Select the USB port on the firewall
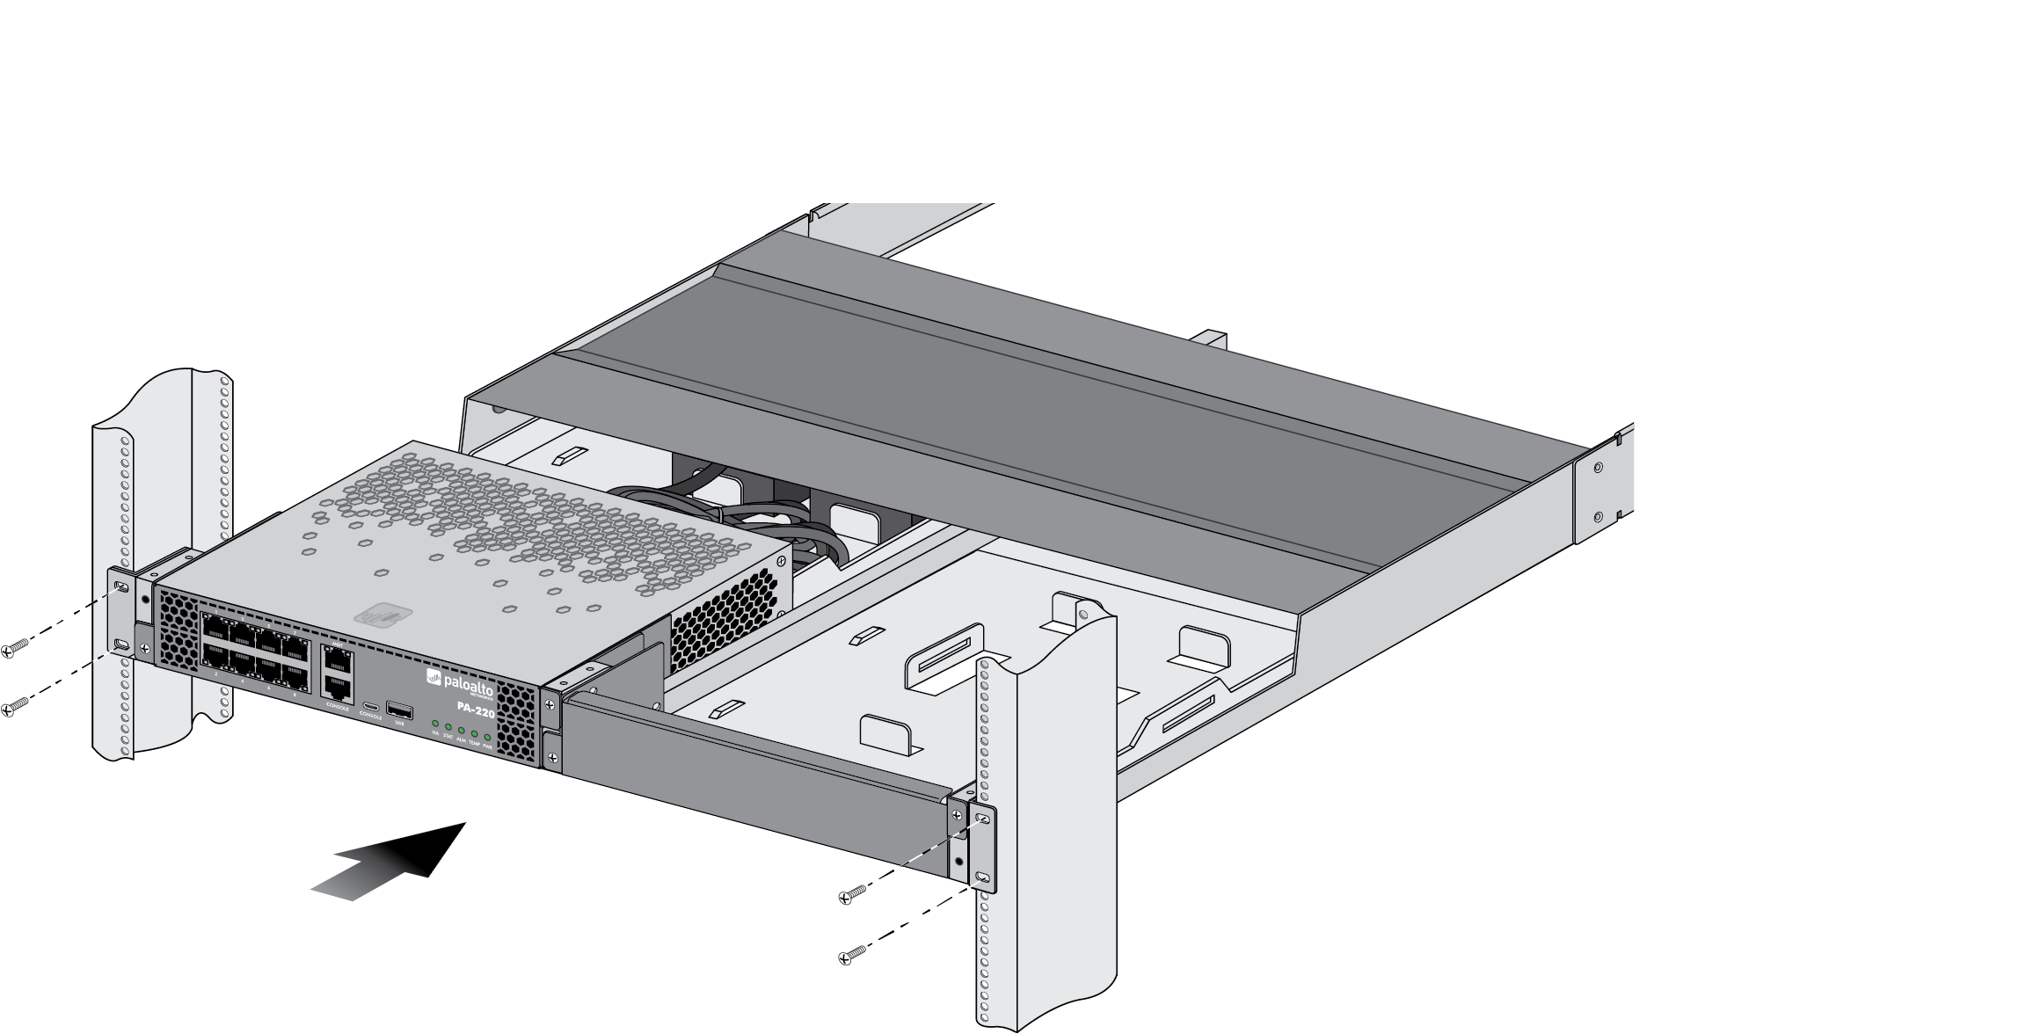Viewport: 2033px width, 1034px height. pos(399,710)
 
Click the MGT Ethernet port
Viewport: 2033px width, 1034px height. pos(338,659)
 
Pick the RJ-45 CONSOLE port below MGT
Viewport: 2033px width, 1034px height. pos(338,688)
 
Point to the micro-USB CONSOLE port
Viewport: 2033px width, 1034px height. pos(371,707)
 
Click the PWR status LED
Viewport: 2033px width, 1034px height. pos(487,737)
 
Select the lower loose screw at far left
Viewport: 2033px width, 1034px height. pos(15,706)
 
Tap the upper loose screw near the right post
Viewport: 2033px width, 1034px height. pos(852,893)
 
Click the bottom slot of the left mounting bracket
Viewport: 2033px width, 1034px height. pos(121,647)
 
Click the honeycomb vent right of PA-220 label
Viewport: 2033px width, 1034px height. pos(516,721)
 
